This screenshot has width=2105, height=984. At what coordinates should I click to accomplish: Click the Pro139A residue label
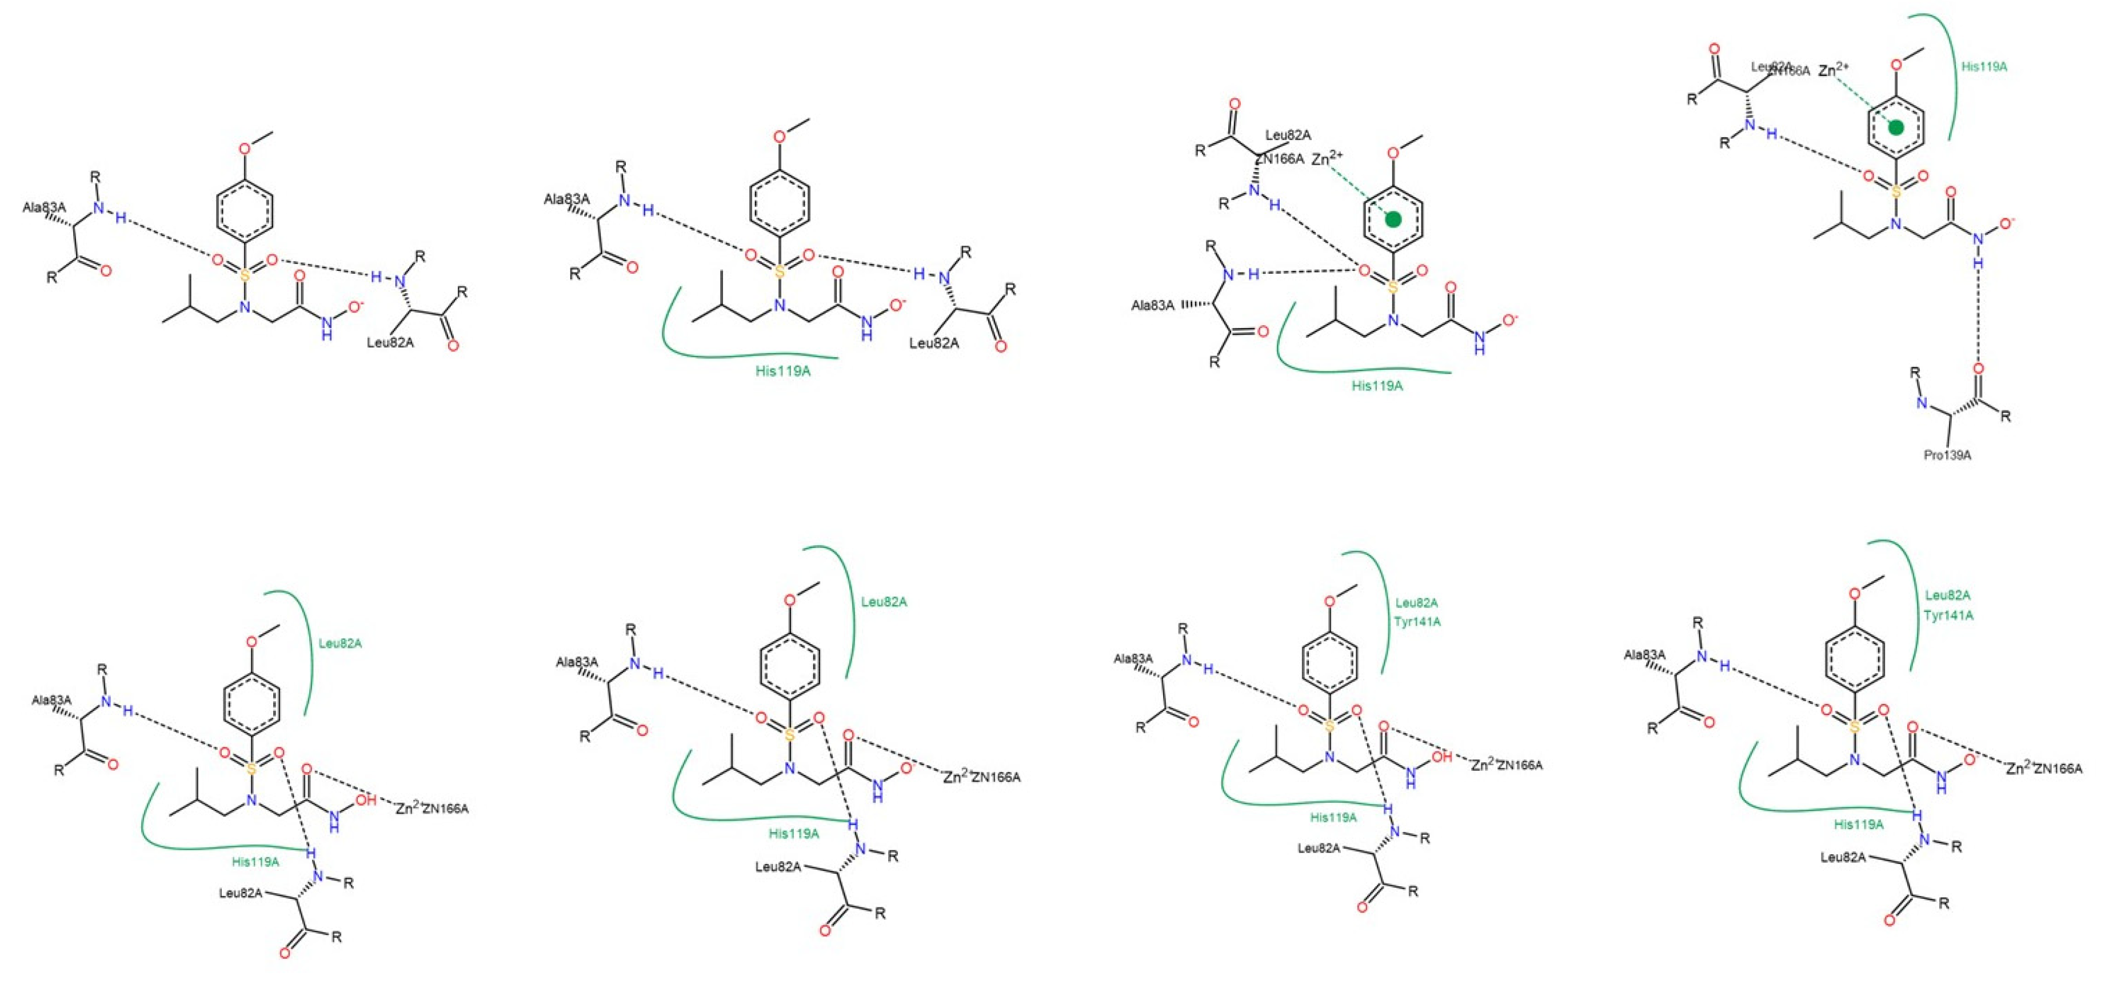coord(1947,455)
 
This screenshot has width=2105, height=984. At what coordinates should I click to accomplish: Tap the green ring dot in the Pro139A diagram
coord(1896,127)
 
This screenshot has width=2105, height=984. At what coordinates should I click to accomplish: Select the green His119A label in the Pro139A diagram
coord(1984,67)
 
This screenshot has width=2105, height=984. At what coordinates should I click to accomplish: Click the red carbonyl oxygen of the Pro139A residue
coord(1978,369)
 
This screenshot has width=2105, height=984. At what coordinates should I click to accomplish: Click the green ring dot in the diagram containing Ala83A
coord(1393,219)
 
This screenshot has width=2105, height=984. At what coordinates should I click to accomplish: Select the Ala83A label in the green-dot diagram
coord(1152,306)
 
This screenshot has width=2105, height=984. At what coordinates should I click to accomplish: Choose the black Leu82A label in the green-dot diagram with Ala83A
coord(1288,135)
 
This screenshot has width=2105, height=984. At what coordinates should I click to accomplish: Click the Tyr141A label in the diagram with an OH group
coord(1418,622)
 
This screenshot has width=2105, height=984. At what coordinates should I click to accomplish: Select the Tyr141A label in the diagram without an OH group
coord(1948,615)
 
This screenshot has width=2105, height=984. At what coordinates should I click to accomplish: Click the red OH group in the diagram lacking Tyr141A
coord(366,800)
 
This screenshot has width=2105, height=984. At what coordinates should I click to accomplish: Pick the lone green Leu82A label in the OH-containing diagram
coord(340,643)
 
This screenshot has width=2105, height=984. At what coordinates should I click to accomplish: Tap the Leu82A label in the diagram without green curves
coord(390,342)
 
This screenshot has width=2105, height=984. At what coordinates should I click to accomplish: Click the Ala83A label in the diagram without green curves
coord(44,207)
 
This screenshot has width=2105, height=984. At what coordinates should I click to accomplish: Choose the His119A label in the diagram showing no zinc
coord(783,371)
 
